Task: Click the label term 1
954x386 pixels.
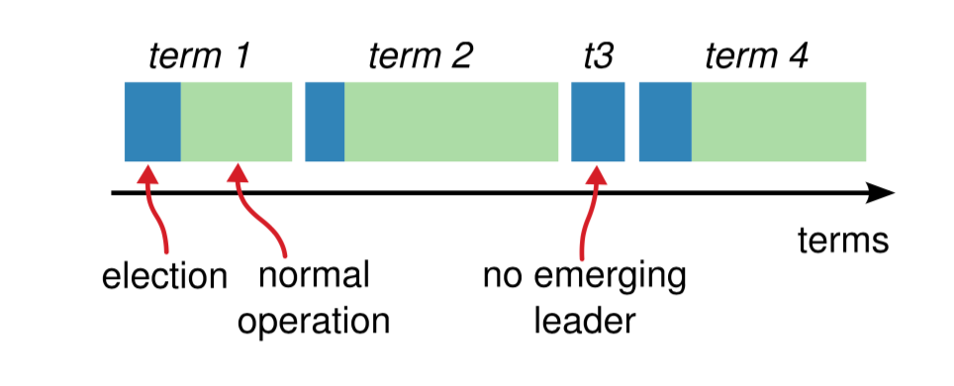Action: [199, 57]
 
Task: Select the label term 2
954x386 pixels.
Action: [421, 57]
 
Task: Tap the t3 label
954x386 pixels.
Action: [598, 57]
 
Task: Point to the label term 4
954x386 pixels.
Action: [757, 57]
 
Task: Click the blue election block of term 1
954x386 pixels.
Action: [152, 122]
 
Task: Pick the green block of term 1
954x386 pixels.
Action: [237, 122]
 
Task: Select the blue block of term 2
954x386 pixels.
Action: [325, 122]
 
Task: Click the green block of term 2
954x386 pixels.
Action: [451, 122]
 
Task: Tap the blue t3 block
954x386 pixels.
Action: [598, 122]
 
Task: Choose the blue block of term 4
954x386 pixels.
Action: [666, 122]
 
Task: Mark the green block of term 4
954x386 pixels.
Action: [779, 122]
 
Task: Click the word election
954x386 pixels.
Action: [164, 277]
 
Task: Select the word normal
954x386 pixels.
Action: [314, 276]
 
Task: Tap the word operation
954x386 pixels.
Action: [314, 321]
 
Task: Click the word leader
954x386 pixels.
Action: [585, 321]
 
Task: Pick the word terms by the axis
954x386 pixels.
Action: [844, 241]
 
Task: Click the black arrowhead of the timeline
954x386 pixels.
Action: [880, 193]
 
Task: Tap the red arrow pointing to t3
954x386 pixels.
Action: [587, 210]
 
